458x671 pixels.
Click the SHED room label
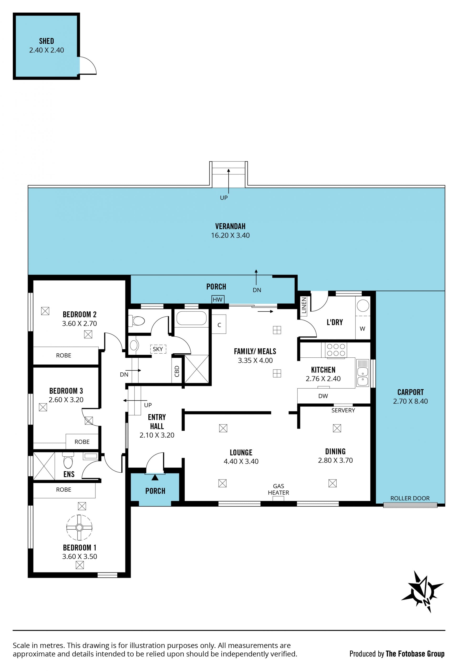[47, 41]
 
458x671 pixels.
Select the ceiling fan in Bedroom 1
[79, 527]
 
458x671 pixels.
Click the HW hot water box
[218, 299]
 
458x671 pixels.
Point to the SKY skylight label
[158, 349]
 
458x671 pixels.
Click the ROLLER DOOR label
[410, 498]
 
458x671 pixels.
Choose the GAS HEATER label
[278, 489]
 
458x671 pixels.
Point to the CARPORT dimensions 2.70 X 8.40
[410, 401]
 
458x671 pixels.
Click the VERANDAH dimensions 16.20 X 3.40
[230, 235]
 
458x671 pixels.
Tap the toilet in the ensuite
[68, 460]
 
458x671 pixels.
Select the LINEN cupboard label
[304, 305]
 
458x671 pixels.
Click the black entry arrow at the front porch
[155, 477]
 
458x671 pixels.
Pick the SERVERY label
[343, 410]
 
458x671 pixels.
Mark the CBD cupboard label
[177, 371]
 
